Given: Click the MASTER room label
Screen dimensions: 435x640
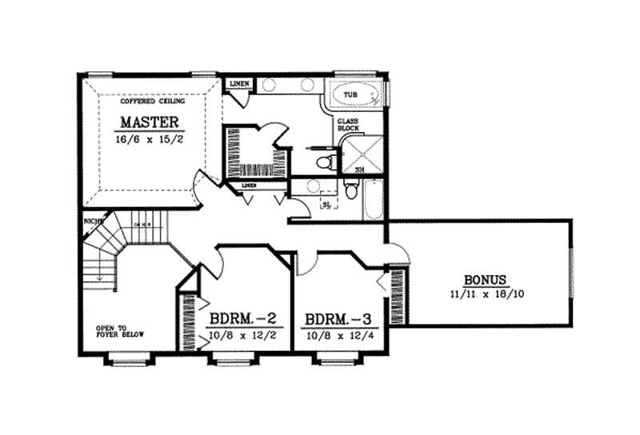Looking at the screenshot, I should click(152, 122).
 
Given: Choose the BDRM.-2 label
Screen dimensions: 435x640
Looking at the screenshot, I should click(243, 319).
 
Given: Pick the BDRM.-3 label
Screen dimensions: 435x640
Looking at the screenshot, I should click(338, 319).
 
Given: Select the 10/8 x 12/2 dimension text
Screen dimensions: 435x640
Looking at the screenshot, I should click(243, 333).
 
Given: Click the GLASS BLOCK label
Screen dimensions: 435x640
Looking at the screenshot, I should click(347, 126).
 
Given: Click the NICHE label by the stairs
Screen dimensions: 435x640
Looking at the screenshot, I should click(89, 221).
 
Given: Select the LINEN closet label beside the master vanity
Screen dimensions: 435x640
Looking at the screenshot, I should click(239, 84).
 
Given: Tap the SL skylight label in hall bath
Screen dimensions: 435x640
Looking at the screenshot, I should click(326, 205).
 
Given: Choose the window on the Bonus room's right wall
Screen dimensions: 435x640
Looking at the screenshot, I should click(571, 272).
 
